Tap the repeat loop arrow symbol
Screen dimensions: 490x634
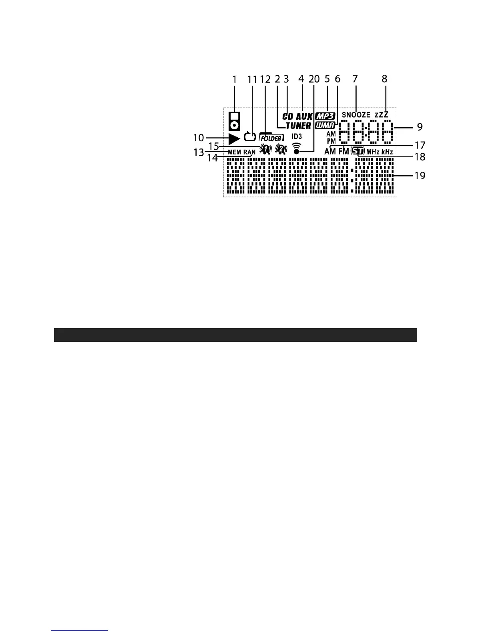tap(249, 137)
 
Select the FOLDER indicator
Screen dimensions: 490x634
tap(271, 137)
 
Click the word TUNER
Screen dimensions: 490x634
tap(298, 126)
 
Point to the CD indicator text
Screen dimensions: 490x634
tap(288, 116)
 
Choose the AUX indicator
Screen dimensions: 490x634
tap(304, 116)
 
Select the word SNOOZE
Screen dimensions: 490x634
tap(356, 115)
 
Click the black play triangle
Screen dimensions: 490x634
tap(234, 138)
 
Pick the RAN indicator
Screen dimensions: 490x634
tap(249, 152)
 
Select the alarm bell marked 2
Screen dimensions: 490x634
tap(281, 150)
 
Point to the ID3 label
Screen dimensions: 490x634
tap(297, 136)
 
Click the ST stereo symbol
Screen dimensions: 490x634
tap(357, 152)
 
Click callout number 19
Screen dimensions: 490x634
tap(420, 175)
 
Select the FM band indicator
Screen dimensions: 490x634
tap(343, 152)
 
